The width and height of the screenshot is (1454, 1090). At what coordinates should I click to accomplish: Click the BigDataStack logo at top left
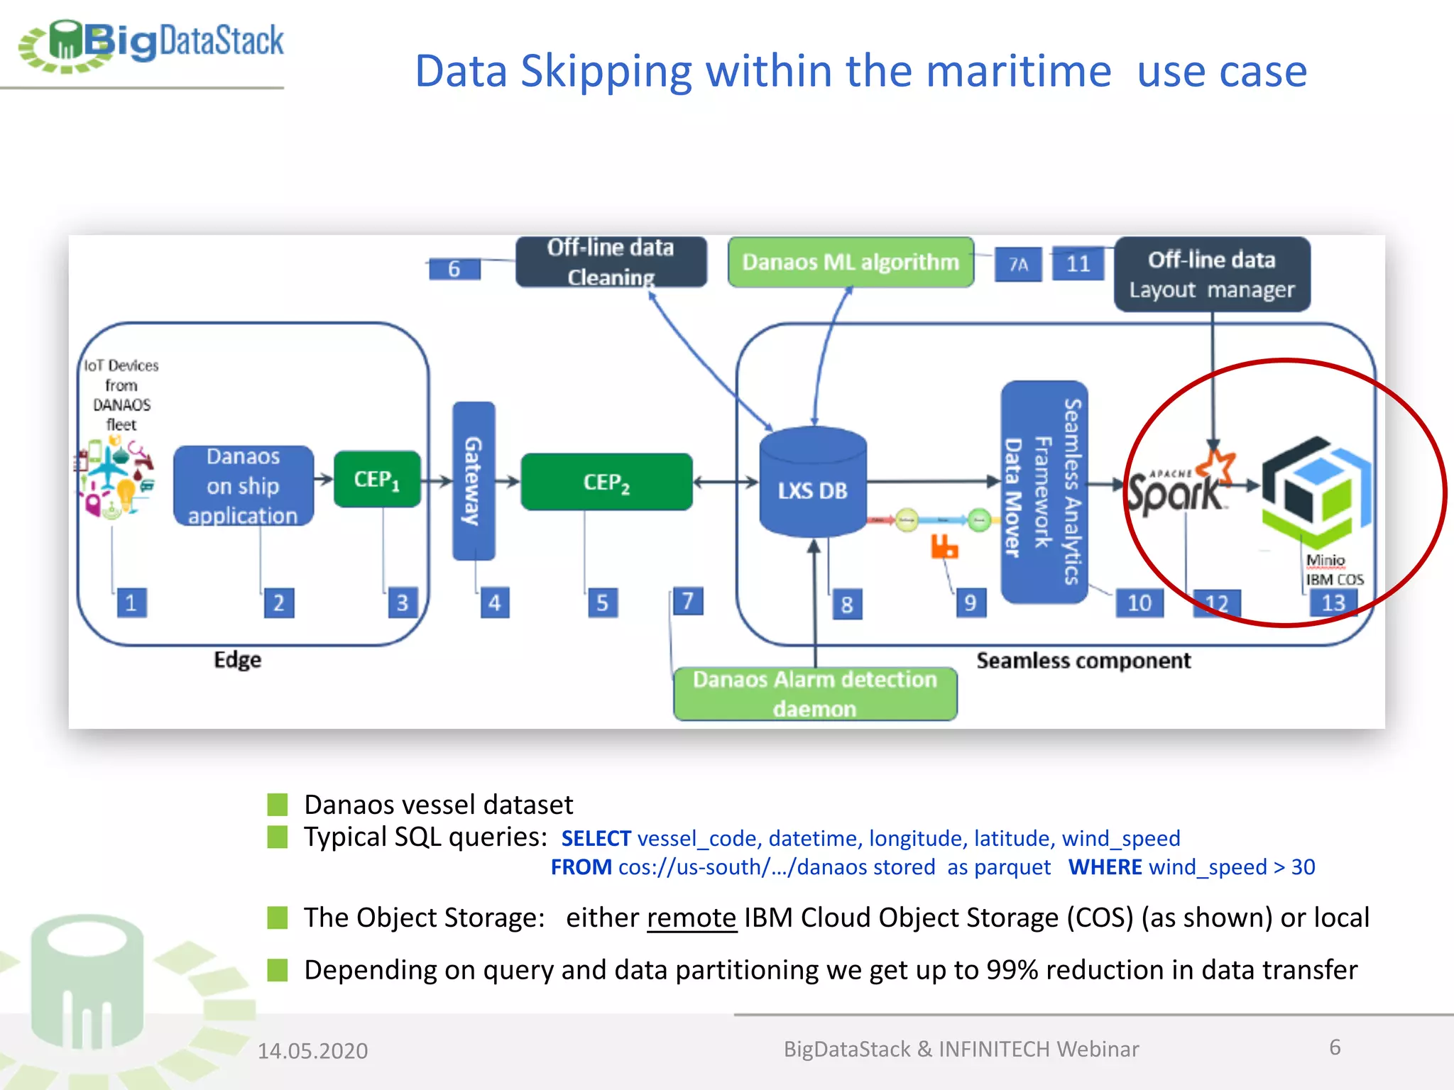151,44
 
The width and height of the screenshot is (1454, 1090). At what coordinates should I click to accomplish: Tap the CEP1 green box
377,480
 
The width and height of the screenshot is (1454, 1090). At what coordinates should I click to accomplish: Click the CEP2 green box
606,483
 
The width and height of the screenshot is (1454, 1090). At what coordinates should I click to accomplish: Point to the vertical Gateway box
474,480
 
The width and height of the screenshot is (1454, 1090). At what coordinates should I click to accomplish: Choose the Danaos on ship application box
243,486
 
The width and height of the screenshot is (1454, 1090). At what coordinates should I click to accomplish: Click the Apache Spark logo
1179,485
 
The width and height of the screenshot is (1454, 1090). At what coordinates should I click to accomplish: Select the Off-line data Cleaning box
611,262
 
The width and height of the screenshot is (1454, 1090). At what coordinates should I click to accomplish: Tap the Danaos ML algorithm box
850,263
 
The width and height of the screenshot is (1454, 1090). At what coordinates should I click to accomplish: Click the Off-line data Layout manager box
1211,275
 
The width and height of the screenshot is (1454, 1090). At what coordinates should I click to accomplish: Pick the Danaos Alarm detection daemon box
814,693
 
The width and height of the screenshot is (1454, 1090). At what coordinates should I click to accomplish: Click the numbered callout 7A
1018,265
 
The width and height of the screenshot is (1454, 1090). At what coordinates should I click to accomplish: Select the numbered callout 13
1333,602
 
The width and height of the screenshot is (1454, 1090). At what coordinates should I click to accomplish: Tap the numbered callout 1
131,602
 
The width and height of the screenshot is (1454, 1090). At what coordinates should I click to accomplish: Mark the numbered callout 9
971,602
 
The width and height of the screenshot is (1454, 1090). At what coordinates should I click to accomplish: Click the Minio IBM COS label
1333,570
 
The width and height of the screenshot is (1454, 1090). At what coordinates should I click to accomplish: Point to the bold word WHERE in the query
1105,867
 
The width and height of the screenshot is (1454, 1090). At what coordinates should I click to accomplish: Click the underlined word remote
692,918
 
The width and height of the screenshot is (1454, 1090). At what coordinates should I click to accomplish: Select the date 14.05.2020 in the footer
312,1050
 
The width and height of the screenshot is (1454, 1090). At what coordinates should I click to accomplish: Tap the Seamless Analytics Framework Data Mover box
1043,492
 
